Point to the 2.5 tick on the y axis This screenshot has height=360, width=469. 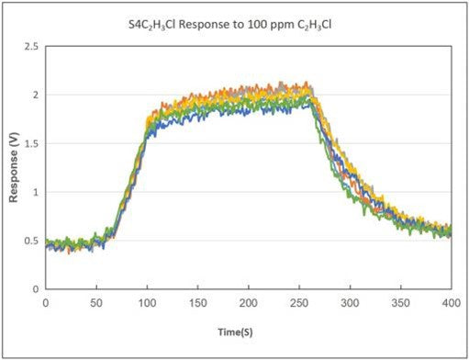click(x=32, y=46)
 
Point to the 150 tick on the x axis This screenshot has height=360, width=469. click(x=197, y=301)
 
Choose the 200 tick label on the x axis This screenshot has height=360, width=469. click(x=248, y=301)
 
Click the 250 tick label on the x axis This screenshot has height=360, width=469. click(x=298, y=301)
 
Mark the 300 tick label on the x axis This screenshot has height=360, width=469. click(x=349, y=301)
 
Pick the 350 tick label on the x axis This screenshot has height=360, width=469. click(x=399, y=301)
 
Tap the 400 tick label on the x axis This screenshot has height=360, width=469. click(x=450, y=301)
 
